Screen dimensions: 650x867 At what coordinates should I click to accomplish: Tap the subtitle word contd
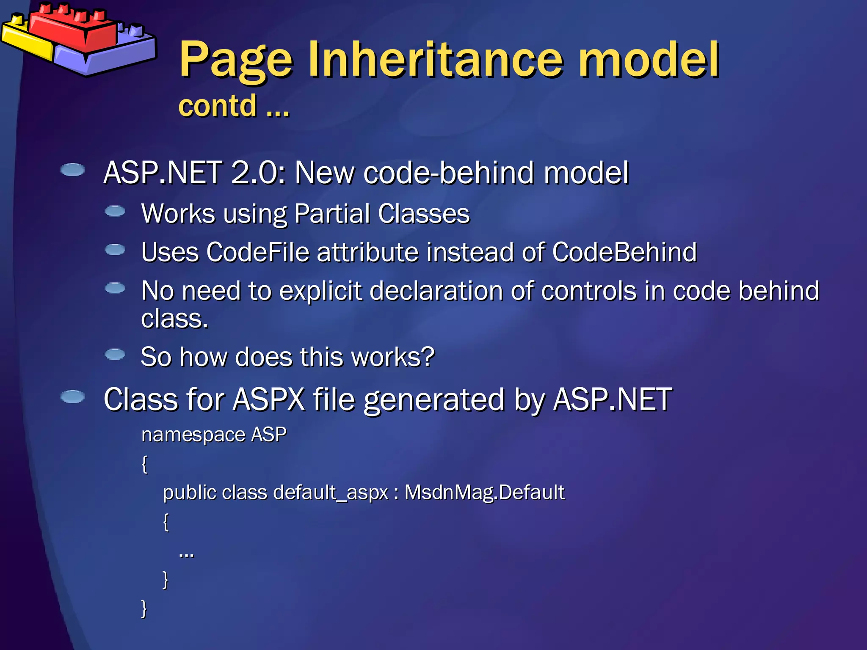[218, 106]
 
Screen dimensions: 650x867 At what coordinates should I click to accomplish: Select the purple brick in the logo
[106, 55]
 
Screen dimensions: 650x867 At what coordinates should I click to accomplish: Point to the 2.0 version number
[254, 173]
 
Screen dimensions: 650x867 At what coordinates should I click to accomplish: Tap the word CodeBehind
[624, 252]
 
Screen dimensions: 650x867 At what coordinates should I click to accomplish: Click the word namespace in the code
[193, 435]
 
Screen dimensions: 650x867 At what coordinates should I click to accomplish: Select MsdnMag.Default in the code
[484, 493]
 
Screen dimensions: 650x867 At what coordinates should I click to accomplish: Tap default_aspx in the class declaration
[331, 493]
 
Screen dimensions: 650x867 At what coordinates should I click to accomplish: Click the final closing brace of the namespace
[144, 609]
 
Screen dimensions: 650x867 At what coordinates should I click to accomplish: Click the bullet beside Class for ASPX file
[73, 397]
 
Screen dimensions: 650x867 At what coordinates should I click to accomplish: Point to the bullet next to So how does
[115, 354]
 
